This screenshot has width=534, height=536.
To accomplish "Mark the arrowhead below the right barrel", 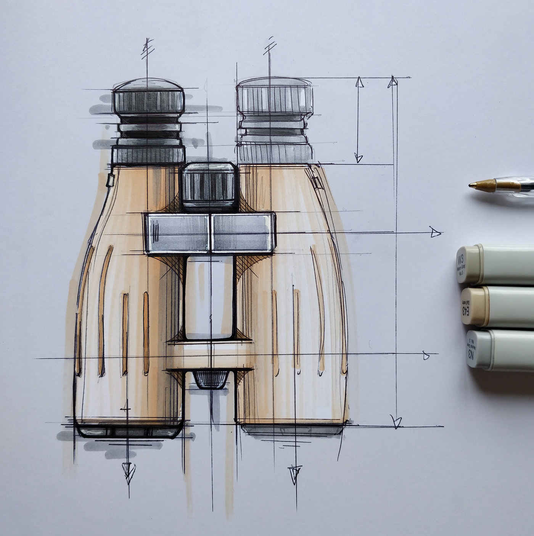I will pos(294,473).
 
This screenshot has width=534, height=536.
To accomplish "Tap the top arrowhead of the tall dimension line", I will pos(393,81).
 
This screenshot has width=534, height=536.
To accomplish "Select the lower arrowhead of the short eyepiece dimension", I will pos(358,157).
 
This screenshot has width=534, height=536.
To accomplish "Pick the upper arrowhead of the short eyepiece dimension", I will pos(359,82).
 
